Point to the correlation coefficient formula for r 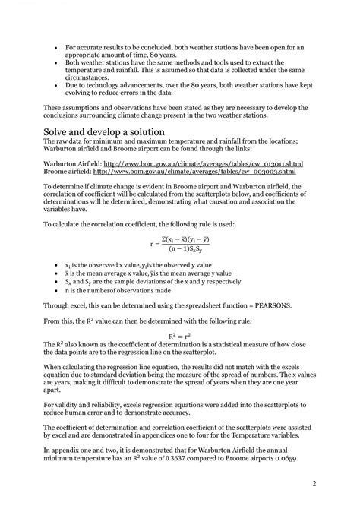point(179,244)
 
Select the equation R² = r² point(179,334)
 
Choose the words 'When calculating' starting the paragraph point(68,367)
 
